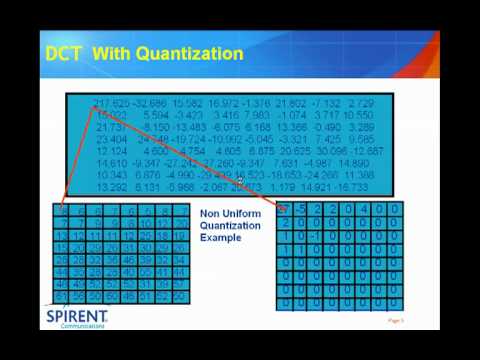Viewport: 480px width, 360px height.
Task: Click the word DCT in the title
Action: click(63, 52)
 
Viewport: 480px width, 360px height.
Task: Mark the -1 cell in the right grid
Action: click(315, 237)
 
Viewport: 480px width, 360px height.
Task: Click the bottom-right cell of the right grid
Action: click(395, 303)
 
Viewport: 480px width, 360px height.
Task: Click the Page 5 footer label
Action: click(395, 321)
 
